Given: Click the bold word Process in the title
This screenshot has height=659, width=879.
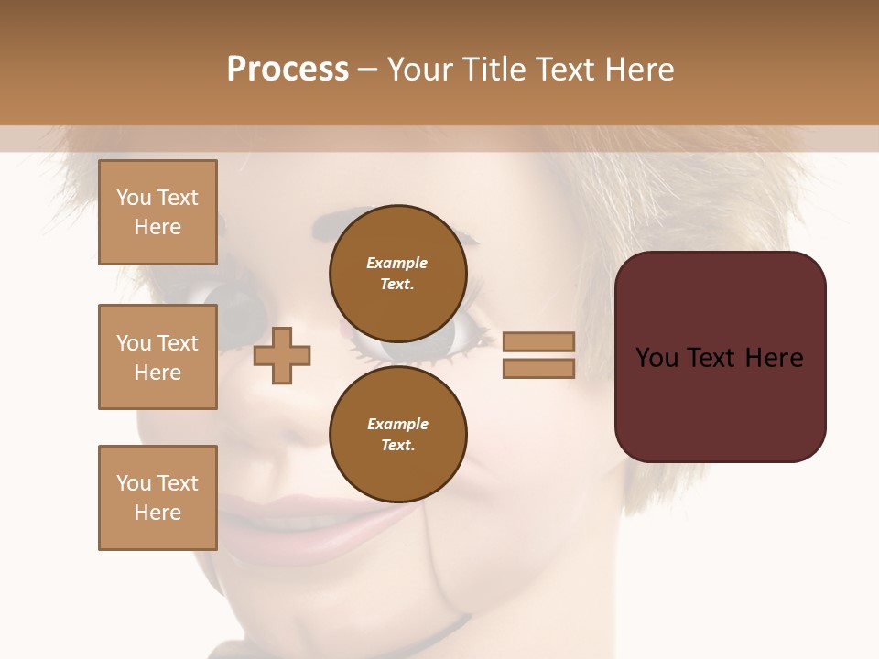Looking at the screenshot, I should (288, 70).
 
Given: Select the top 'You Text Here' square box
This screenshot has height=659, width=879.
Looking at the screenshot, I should (157, 212).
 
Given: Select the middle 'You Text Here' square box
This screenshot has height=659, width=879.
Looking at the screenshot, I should (157, 357).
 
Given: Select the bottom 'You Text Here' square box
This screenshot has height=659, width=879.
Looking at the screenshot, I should (157, 498).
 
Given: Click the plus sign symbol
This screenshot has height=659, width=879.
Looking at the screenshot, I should (282, 355).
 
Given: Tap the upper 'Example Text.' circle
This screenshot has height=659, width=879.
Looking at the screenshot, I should (398, 273).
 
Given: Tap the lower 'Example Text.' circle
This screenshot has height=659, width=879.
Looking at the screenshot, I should (398, 435).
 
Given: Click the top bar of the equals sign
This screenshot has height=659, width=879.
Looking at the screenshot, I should (538, 341).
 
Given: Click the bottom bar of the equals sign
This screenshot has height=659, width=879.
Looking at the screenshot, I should (538, 368).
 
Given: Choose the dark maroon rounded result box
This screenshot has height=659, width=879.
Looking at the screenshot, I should (720, 357).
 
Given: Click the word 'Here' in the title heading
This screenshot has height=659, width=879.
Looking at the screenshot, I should (638, 70).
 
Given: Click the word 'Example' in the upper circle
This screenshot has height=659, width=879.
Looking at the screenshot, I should (396, 263).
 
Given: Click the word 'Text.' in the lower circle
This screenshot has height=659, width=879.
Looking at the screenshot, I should (397, 446).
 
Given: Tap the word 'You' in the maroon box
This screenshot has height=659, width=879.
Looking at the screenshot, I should (657, 358).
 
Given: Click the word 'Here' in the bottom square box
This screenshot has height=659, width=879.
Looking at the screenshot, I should (157, 513).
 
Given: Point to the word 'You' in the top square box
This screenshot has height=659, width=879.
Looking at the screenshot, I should (134, 198).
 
